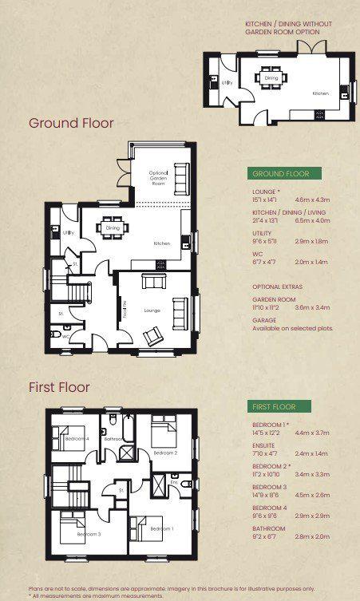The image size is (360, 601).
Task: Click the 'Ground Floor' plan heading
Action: pyautogui.click(x=71, y=123)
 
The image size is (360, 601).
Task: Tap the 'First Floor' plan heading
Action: pyautogui.click(x=59, y=387)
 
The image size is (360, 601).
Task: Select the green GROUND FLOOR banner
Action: pyautogui.click(x=284, y=173)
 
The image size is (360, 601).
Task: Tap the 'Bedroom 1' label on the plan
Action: pyautogui.click(x=162, y=529)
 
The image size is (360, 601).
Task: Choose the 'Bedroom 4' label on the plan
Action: pyautogui.click(x=77, y=439)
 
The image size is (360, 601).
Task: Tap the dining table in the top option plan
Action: pyautogui.click(x=271, y=78)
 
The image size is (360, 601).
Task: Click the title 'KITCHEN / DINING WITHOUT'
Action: pyautogui.click(x=288, y=25)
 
